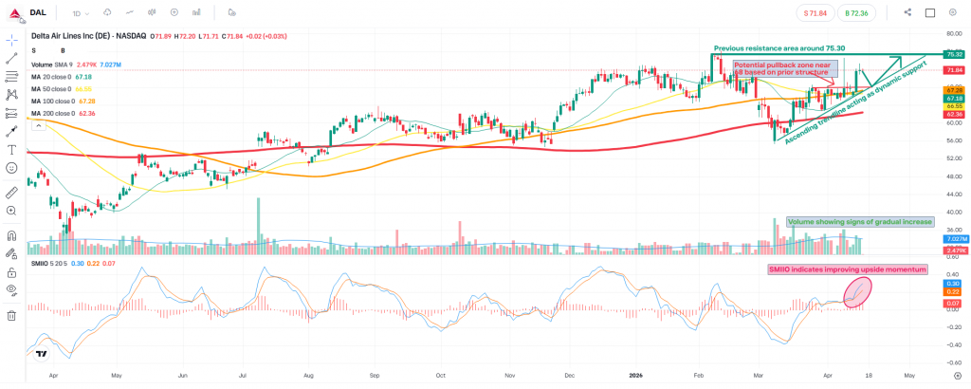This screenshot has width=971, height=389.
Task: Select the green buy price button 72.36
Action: tap(855, 12)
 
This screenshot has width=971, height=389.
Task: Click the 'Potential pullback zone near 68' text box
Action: tap(786, 67)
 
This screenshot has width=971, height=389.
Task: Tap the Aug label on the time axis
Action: tap(308, 375)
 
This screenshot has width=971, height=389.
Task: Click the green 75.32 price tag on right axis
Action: tap(952, 55)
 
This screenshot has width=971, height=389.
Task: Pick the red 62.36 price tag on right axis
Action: tap(952, 113)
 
